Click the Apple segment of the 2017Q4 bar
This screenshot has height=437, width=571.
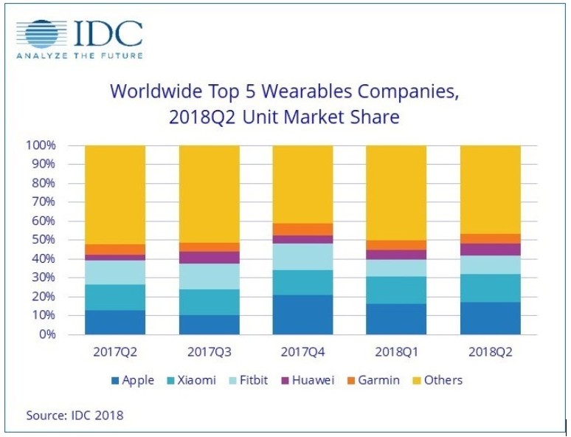point(302,314)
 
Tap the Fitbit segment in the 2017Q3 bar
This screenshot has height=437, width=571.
point(209,276)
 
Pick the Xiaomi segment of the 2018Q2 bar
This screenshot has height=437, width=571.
point(491,288)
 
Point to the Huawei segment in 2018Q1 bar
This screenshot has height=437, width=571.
point(396,255)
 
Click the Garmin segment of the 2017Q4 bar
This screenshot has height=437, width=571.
point(302,229)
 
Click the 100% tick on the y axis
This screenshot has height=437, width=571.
point(41,145)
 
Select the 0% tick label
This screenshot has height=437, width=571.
point(47,334)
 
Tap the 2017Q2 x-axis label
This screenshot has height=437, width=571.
point(114,352)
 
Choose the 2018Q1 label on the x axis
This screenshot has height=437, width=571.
point(396,352)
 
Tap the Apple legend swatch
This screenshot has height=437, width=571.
point(114,381)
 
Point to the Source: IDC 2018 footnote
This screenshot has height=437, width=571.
point(75,415)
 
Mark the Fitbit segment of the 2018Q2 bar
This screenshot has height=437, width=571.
point(491,264)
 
